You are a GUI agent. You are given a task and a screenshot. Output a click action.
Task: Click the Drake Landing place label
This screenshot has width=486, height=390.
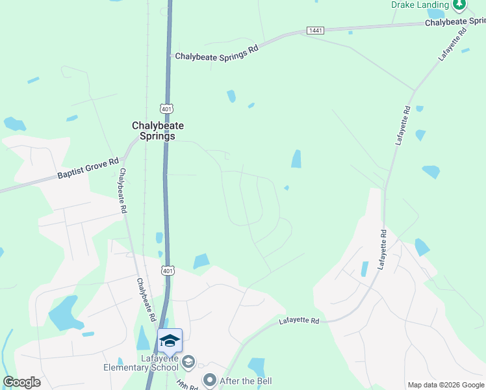[x=420, y=5]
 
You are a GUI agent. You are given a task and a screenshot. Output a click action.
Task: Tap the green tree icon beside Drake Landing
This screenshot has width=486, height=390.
[x=460, y=5]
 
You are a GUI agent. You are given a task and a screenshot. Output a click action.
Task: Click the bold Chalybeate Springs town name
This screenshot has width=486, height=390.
[x=153, y=131]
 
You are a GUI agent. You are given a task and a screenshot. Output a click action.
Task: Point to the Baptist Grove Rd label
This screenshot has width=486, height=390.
[x=88, y=168]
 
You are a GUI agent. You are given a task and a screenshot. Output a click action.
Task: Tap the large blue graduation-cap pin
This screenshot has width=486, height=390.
[x=170, y=341]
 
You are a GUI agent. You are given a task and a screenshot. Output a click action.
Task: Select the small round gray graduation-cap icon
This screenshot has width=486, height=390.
[x=188, y=361]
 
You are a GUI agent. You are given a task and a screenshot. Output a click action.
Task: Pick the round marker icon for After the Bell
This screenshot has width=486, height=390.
[x=210, y=380]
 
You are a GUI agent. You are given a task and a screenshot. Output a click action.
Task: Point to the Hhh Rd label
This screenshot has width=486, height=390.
[x=187, y=384]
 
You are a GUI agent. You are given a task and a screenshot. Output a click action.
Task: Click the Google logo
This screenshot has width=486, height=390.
[x=21, y=382]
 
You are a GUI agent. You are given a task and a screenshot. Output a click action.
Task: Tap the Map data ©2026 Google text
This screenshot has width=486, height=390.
[x=446, y=385]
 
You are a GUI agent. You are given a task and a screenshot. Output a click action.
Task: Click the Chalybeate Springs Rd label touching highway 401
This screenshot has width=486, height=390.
[x=217, y=52]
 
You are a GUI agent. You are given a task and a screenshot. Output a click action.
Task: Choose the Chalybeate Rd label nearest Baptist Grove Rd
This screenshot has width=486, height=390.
[x=122, y=191]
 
